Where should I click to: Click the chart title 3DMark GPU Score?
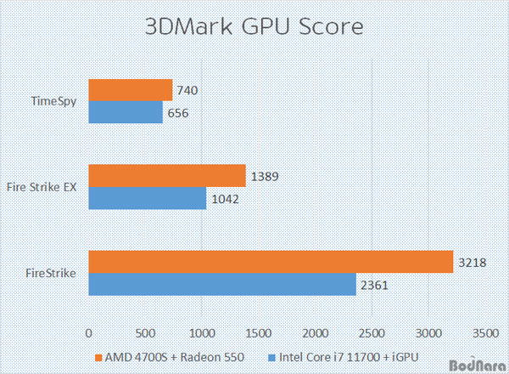click(x=254, y=25)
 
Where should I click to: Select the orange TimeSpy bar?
click(x=131, y=90)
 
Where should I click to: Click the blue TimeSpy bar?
click(x=126, y=112)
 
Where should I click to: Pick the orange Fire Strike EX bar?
click(x=167, y=176)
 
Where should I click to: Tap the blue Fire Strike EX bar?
click(x=148, y=198)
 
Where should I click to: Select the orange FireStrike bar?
click(x=271, y=263)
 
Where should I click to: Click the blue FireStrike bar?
click(x=222, y=284)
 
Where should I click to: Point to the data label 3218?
click(x=473, y=263)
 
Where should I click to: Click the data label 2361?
click(x=375, y=284)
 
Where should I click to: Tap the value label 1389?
click(x=265, y=176)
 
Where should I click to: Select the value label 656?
click(x=177, y=113)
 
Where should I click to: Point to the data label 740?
click(x=187, y=91)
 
